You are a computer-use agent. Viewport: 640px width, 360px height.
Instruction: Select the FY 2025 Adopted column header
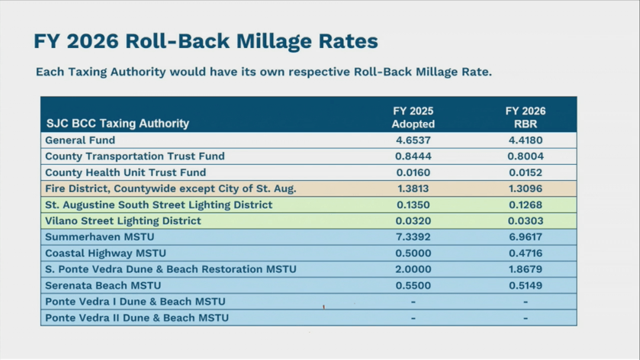[x=413, y=117]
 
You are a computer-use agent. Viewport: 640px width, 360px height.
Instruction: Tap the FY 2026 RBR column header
[x=526, y=117]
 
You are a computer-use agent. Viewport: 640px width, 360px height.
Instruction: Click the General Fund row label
[x=80, y=140]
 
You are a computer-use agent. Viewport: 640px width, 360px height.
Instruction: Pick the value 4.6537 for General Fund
[x=413, y=140]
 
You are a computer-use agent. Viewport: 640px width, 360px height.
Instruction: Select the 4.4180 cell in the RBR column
[x=526, y=140]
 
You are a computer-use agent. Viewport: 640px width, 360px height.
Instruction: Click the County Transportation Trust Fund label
[x=135, y=156]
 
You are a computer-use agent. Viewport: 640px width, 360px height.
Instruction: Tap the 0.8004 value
[x=526, y=156]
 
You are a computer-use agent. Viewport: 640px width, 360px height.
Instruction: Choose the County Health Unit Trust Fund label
[x=125, y=172]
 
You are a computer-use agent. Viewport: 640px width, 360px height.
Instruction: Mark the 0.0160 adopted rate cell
[x=413, y=172]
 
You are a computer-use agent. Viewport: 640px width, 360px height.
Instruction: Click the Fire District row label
[x=170, y=188]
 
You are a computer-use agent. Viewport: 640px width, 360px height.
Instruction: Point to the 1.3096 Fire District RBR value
[x=526, y=188]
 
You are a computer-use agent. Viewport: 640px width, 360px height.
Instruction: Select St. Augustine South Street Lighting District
[x=159, y=205]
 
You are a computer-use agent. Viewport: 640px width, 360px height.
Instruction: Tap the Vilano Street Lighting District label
[x=123, y=221]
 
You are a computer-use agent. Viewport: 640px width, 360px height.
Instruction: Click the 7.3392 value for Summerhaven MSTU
[x=413, y=237]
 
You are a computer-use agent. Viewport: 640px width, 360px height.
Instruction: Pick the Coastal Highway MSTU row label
[x=105, y=253]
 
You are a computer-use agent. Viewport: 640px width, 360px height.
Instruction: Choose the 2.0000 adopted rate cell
[x=413, y=269]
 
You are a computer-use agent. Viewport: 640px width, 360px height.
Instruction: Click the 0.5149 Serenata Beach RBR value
[x=526, y=285]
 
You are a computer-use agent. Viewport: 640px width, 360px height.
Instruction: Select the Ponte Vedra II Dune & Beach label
[x=137, y=317]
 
